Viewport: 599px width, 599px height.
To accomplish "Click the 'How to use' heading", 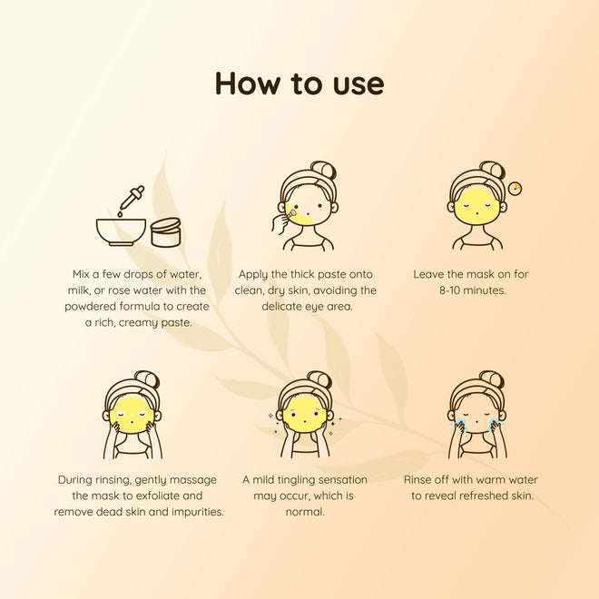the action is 299,83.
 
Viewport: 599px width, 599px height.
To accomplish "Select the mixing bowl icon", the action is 121,232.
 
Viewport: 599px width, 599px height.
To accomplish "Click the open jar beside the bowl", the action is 166,232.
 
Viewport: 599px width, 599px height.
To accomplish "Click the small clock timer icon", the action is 515,188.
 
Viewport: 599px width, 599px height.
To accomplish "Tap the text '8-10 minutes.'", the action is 473,290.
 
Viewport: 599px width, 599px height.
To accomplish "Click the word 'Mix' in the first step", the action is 81,274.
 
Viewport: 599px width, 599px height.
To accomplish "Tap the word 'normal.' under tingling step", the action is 305,512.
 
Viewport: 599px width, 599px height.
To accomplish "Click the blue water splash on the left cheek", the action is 457,425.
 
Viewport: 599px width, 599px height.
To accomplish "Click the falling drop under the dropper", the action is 120,214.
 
